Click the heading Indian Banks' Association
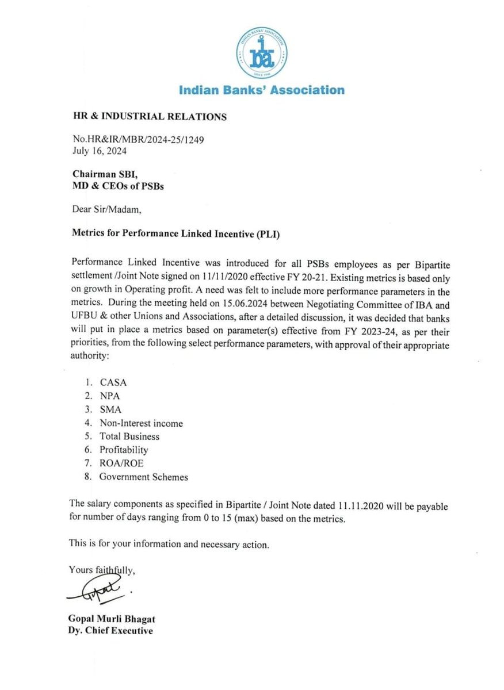tap(261, 90)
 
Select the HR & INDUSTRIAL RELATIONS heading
tap(148, 117)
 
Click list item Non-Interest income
tap(140, 423)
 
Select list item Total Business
tap(129, 436)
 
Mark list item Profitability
tap(123, 450)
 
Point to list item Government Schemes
tap(143, 477)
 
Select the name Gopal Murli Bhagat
tap(111, 619)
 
